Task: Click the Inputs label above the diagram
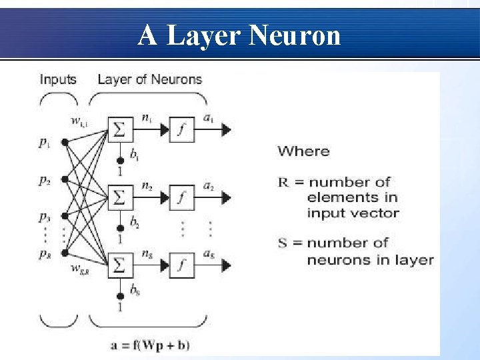pos(58,79)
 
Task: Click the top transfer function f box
pos(182,130)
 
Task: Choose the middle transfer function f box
pos(182,197)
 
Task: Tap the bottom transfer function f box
pos(182,265)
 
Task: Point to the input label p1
pos(43,142)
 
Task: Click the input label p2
pos(44,180)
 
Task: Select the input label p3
pos(44,217)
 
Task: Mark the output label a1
pos(208,118)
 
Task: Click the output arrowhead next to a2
pos(227,197)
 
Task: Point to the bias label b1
pos(135,156)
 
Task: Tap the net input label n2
pos(147,186)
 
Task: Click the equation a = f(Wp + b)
pos(150,345)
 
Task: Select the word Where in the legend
pos(303,151)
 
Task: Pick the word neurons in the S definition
pos(336,259)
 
